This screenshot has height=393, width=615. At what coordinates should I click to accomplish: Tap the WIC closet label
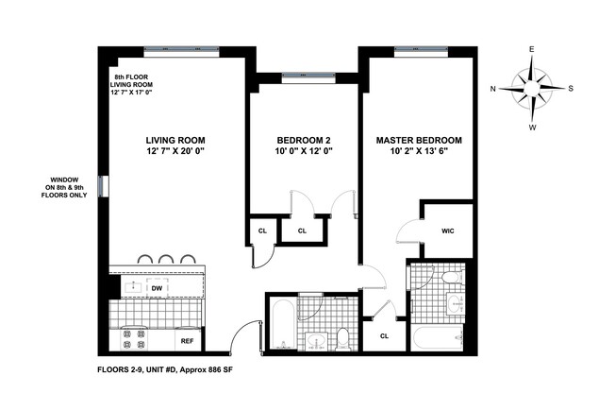pos(448,230)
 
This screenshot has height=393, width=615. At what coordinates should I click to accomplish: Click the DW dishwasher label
pos(183,289)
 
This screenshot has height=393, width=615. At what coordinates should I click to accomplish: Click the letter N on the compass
pos(493,90)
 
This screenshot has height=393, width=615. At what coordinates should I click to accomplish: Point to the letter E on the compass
pos(533,49)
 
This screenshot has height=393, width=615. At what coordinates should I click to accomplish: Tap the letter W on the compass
pos(533,128)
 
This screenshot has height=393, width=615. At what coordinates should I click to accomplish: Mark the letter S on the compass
pos(572,90)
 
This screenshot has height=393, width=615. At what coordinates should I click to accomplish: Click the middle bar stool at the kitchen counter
pos(165,258)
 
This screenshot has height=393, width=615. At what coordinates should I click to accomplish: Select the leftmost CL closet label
pos(261,230)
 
